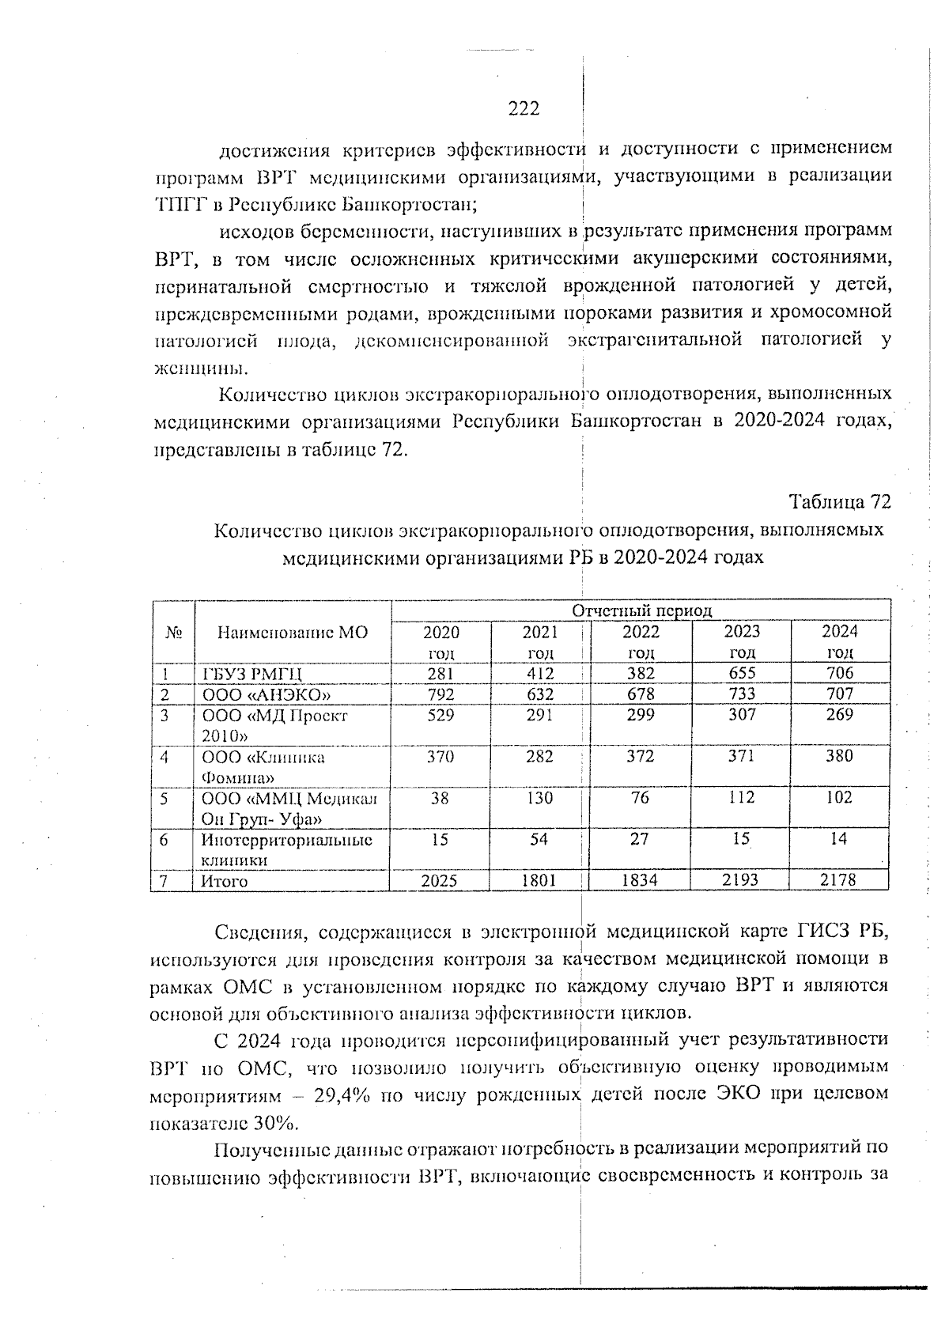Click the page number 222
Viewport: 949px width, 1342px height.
[524, 108]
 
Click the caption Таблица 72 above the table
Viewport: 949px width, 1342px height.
[840, 502]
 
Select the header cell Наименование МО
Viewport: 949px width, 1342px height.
[293, 633]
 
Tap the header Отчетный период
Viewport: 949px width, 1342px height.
[641, 611]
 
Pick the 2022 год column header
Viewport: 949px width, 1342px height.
[641, 641]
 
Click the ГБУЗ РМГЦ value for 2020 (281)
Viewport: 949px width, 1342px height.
[440, 673]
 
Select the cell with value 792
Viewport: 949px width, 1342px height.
[440, 694]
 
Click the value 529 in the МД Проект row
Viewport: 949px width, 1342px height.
[440, 715]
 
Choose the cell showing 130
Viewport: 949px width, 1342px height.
[539, 798]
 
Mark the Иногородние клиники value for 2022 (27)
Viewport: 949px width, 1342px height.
[640, 839]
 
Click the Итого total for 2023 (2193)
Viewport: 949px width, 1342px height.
[741, 880]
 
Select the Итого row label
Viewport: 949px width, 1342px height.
[225, 881]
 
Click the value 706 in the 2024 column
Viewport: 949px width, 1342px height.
[839, 673]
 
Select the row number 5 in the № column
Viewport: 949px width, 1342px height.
[164, 799]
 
